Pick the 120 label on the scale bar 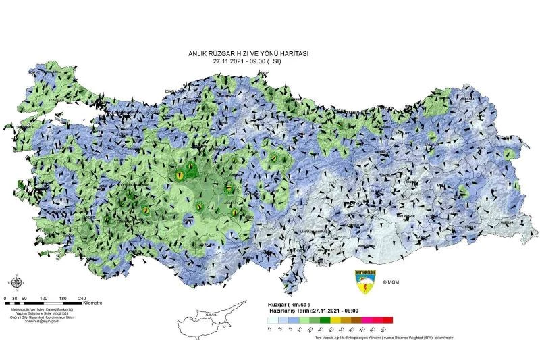coord(43,297)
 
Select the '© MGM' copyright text coord(391,282)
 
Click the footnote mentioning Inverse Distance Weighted coord(385,337)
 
